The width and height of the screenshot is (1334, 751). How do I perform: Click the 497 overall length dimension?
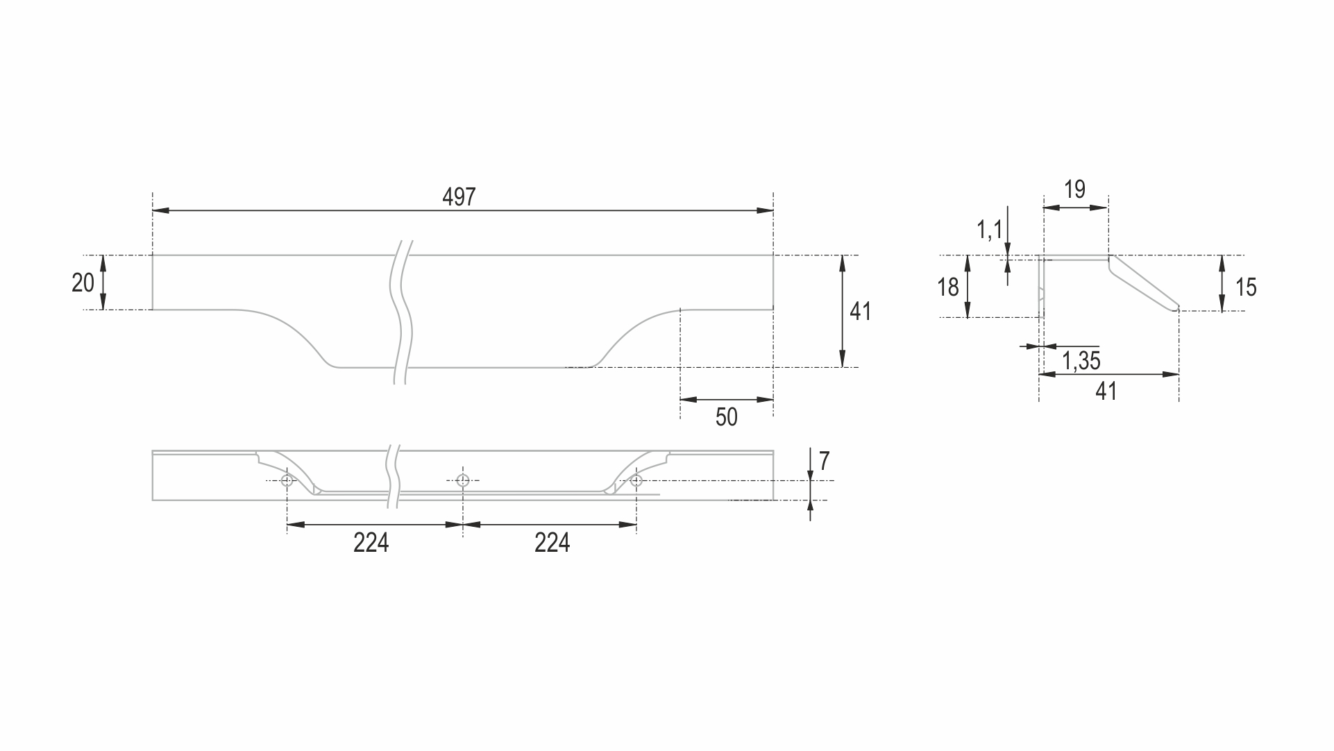tap(459, 197)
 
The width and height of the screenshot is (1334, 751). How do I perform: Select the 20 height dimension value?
tap(83, 283)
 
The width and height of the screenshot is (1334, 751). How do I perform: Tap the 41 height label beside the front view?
tap(861, 312)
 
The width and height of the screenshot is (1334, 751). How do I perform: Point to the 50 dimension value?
tap(726, 417)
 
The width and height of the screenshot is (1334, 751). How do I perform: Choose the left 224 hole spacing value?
tap(371, 543)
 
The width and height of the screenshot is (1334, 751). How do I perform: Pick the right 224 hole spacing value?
tap(552, 543)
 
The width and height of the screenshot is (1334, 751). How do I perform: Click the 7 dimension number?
tap(825, 461)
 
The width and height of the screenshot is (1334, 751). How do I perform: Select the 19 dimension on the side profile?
tap(1074, 189)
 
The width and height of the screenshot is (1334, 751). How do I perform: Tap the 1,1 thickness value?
tap(990, 229)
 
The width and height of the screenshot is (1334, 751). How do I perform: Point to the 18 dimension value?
tap(948, 287)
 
